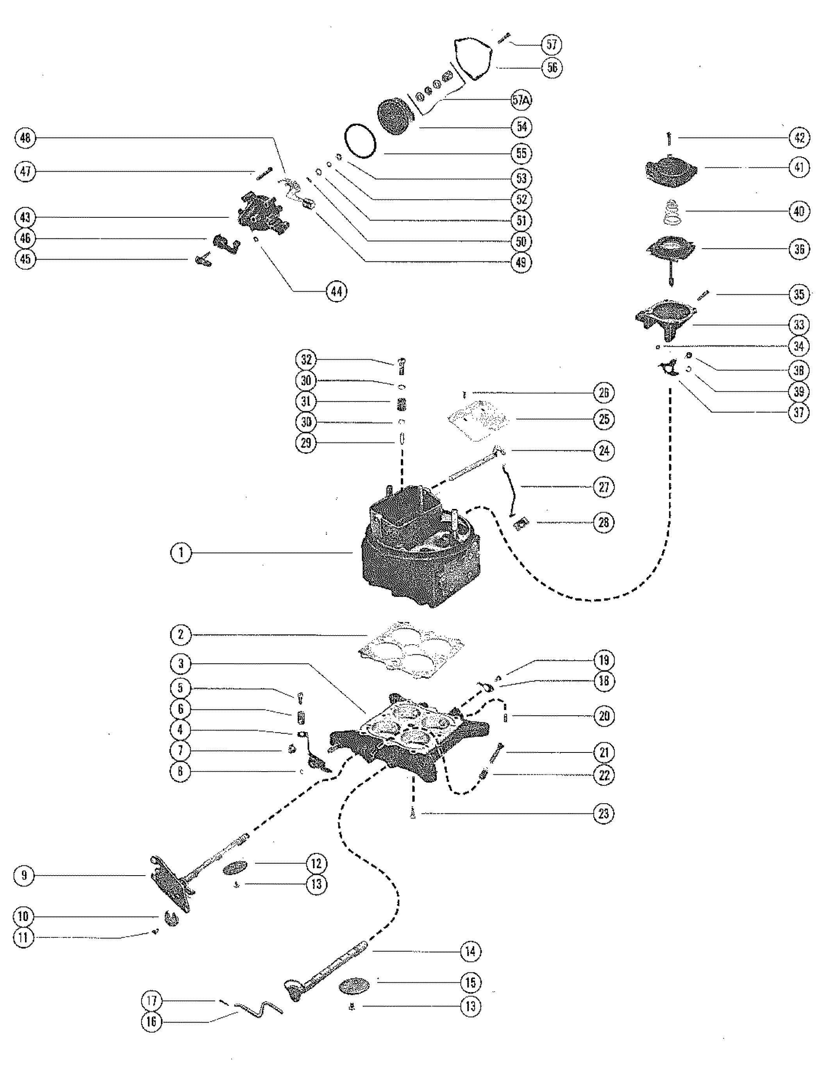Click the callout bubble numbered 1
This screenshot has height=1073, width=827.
pyautogui.click(x=181, y=553)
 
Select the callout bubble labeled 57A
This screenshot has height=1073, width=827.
pyautogui.click(x=522, y=100)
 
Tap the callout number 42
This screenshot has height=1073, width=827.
pyautogui.click(x=799, y=138)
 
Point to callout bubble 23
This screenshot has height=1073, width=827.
pyautogui.click(x=604, y=813)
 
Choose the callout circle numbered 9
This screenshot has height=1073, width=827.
pyautogui.click(x=23, y=875)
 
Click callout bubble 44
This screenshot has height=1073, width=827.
pyautogui.click(x=336, y=291)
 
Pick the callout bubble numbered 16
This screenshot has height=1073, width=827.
pyautogui.click(x=151, y=1022)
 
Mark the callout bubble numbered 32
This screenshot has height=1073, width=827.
pyautogui.click(x=306, y=360)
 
